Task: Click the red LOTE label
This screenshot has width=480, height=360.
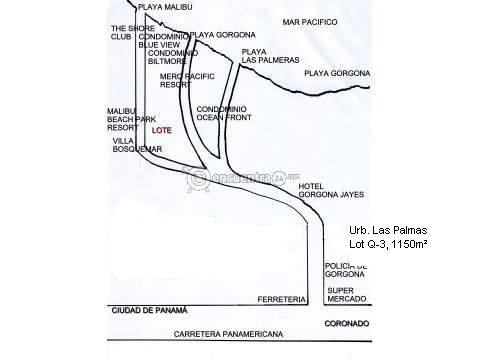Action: coord(162,130)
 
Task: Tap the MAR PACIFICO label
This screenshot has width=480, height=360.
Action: coord(310,22)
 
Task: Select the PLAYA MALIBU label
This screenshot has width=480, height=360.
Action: coord(165,7)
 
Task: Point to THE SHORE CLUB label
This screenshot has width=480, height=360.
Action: coord(133,32)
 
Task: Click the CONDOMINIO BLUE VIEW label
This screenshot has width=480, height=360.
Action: coord(164,41)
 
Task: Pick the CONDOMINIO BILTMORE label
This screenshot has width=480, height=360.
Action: coord(173,57)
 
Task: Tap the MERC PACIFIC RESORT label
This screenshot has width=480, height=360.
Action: coord(187,81)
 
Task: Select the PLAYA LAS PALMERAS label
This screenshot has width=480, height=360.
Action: coord(270,56)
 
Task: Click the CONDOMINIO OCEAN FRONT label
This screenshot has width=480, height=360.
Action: coord(224,113)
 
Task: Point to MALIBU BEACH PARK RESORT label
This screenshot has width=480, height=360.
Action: coord(131,119)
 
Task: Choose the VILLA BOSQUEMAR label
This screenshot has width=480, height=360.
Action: coord(137,145)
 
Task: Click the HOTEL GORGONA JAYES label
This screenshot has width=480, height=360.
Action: coord(331,190)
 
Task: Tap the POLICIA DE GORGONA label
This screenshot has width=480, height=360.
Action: coord(346,270)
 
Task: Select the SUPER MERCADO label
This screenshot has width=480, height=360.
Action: coord(347,295)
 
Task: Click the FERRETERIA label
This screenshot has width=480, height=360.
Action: coord(282,300)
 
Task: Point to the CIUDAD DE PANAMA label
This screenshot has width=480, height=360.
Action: coord(149,311)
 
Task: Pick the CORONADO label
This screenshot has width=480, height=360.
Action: coord(347,324)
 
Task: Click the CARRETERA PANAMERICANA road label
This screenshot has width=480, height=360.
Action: coord(228,334)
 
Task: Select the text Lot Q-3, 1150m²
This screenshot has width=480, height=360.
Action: coord(388,244)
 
